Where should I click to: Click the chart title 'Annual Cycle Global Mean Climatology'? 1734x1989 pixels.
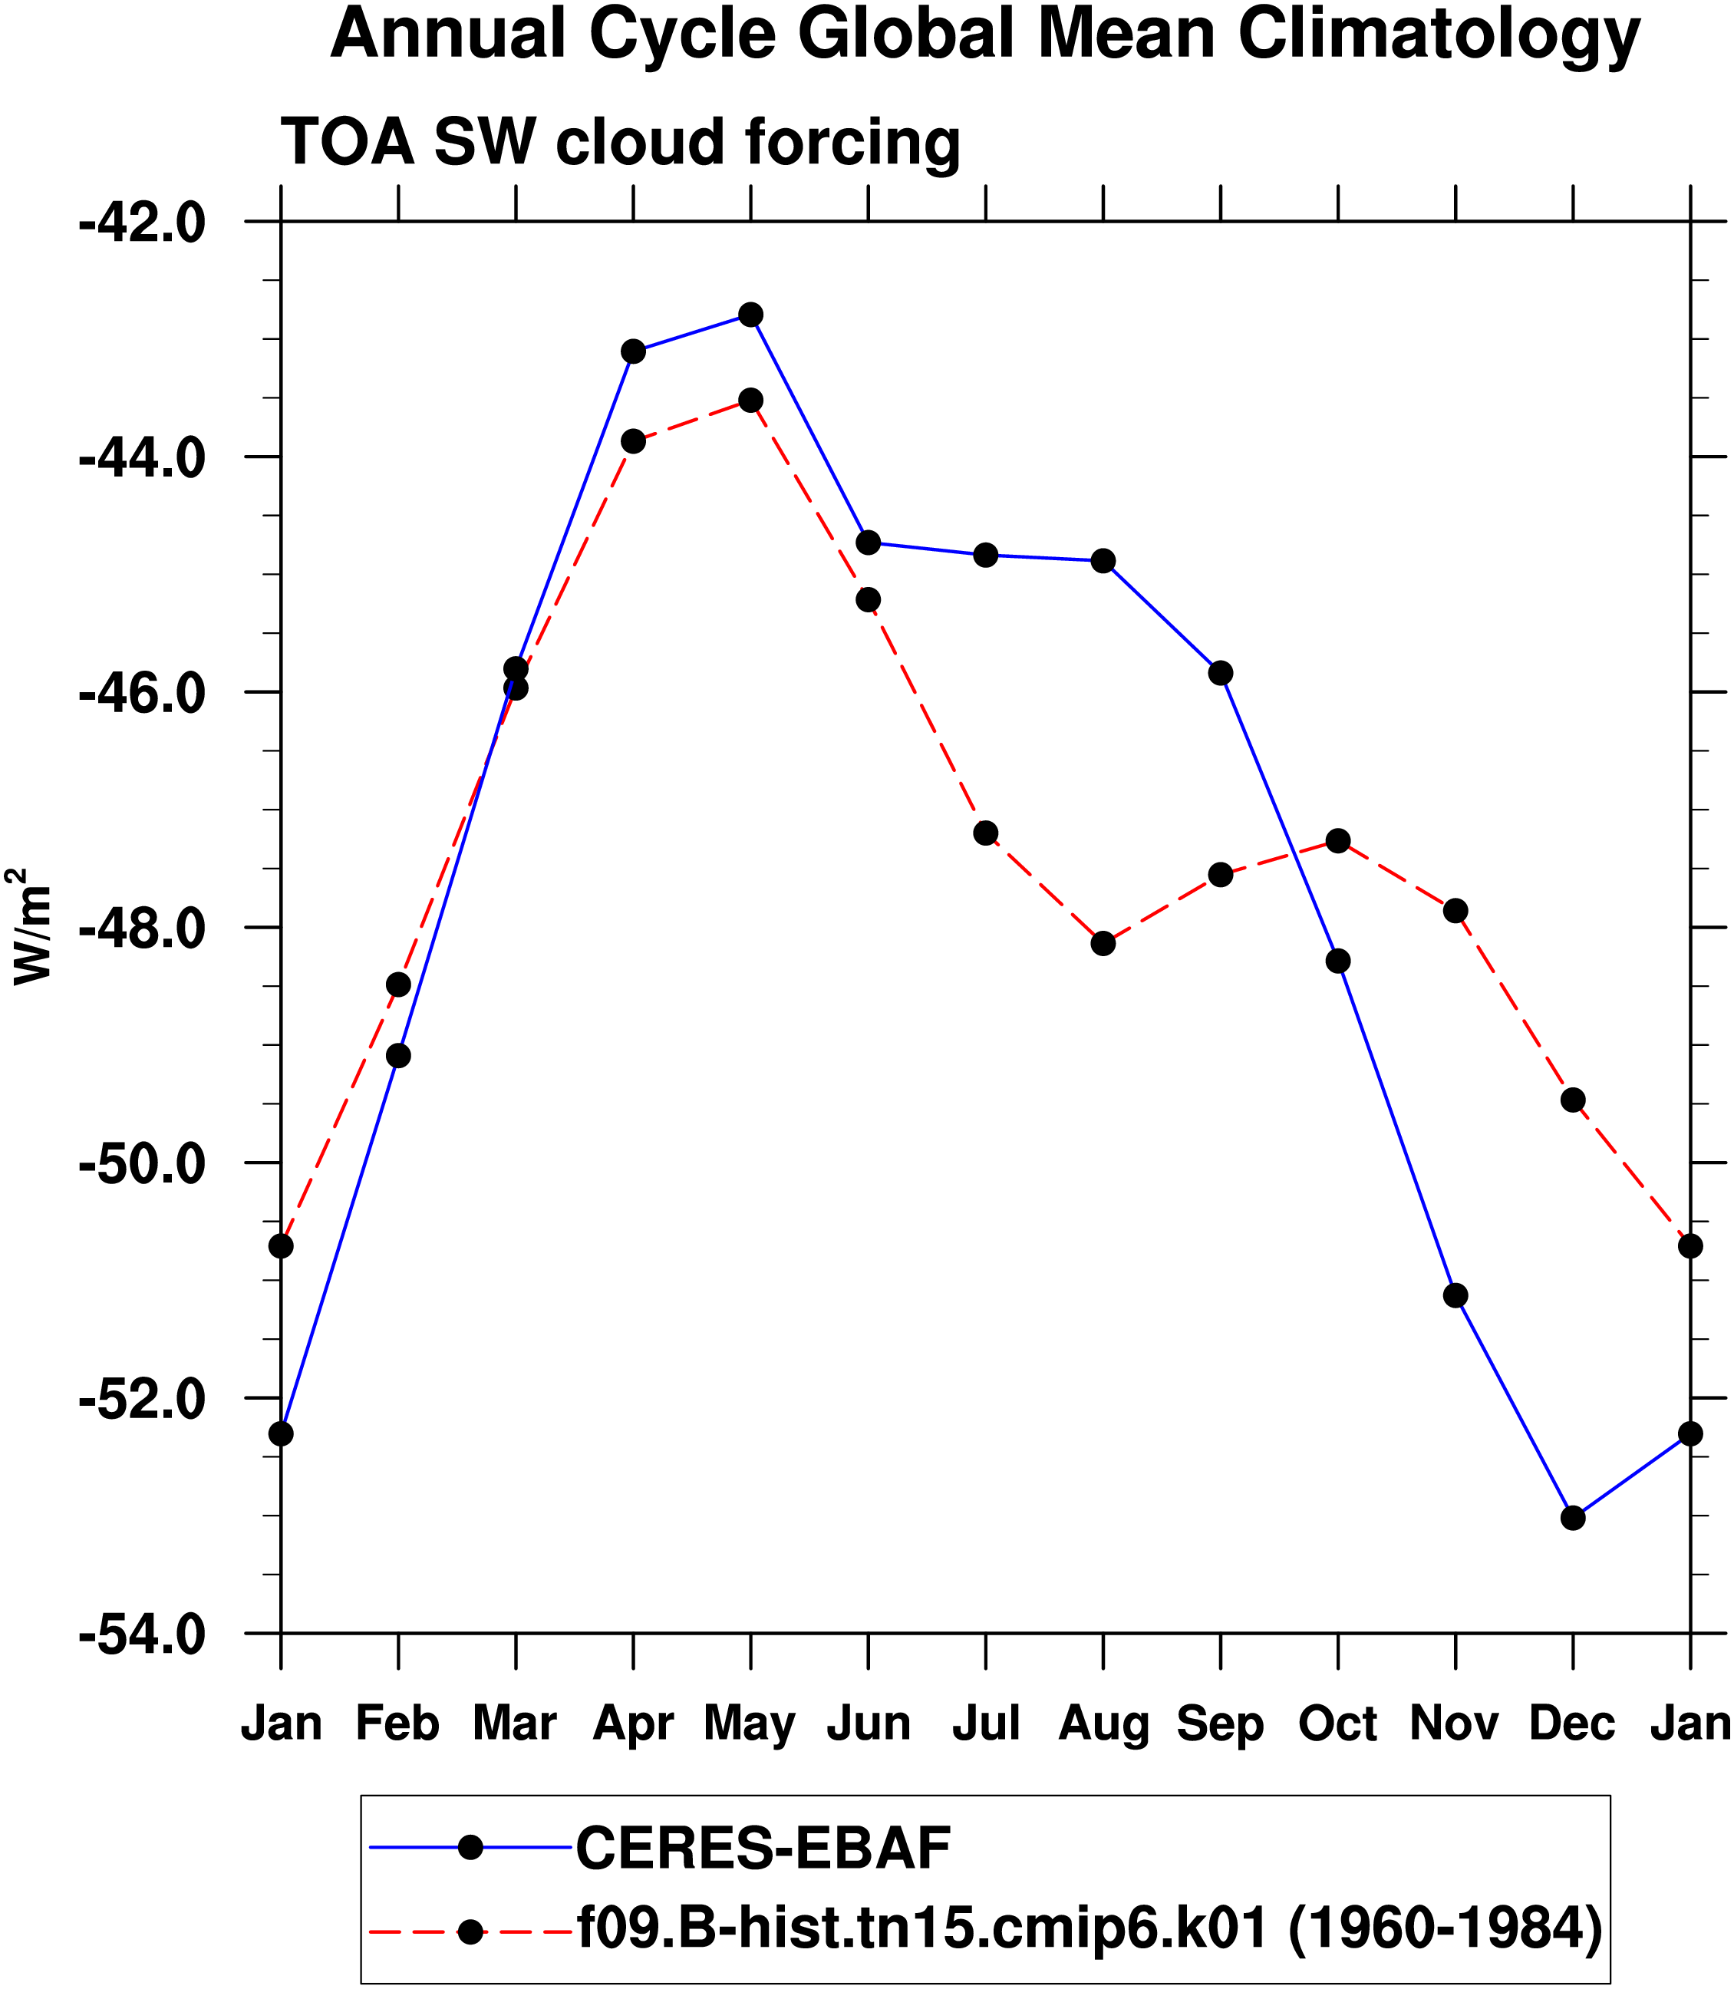(985, 35)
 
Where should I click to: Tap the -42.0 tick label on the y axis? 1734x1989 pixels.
(142, 223)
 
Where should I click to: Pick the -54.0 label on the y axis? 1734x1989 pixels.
(142, 1634)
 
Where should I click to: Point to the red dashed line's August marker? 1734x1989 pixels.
(1103, 943)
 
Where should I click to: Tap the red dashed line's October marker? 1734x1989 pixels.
(1338, 841)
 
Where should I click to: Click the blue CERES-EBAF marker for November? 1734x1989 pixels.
(1455, 1295)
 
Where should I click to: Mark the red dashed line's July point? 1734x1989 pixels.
(986, 833)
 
